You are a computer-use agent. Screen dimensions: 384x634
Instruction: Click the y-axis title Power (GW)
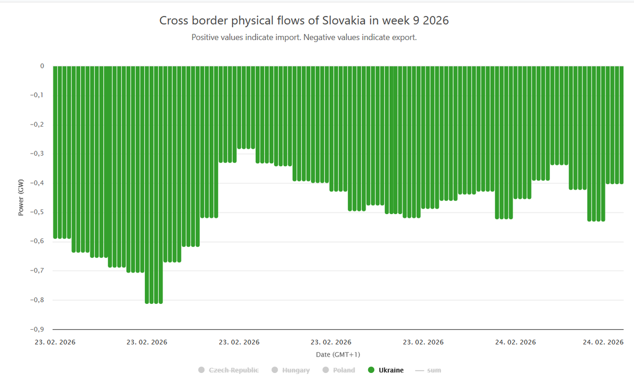tap(21, 198)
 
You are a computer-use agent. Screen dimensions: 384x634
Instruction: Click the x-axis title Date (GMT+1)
tap(338, 354)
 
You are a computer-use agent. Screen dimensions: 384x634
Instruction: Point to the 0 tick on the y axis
tap(42, 66)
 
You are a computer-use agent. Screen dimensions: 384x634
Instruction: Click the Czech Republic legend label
tap(234, 370)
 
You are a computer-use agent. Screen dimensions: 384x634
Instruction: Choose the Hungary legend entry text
tap(296, 370)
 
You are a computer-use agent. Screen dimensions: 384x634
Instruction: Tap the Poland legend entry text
tap(344, 370)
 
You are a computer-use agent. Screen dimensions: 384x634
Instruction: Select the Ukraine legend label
tap(391, 370)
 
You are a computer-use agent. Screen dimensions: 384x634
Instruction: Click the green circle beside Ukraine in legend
tap(371, 370)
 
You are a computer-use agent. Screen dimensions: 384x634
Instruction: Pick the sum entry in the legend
tap(434, 370)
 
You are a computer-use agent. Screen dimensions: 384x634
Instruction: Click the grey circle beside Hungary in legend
tap(274, 370)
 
